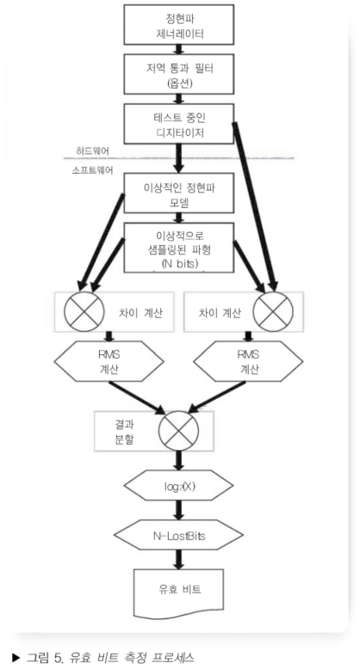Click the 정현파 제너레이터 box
[179, 27]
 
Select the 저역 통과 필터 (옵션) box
[179, 77]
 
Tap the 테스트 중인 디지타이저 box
[179, 123]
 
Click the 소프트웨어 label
[94, 171]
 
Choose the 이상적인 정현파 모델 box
[179, 195]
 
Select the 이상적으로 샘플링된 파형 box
[179, 248]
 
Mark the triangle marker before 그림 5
[11, 659]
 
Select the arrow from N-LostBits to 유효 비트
[178, 559]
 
